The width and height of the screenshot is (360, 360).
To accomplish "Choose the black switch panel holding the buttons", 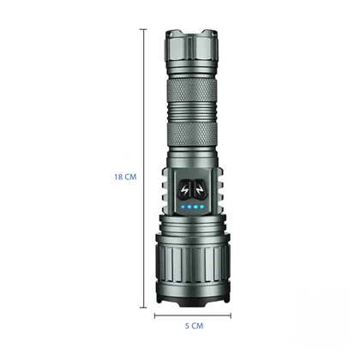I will [192, 194].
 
